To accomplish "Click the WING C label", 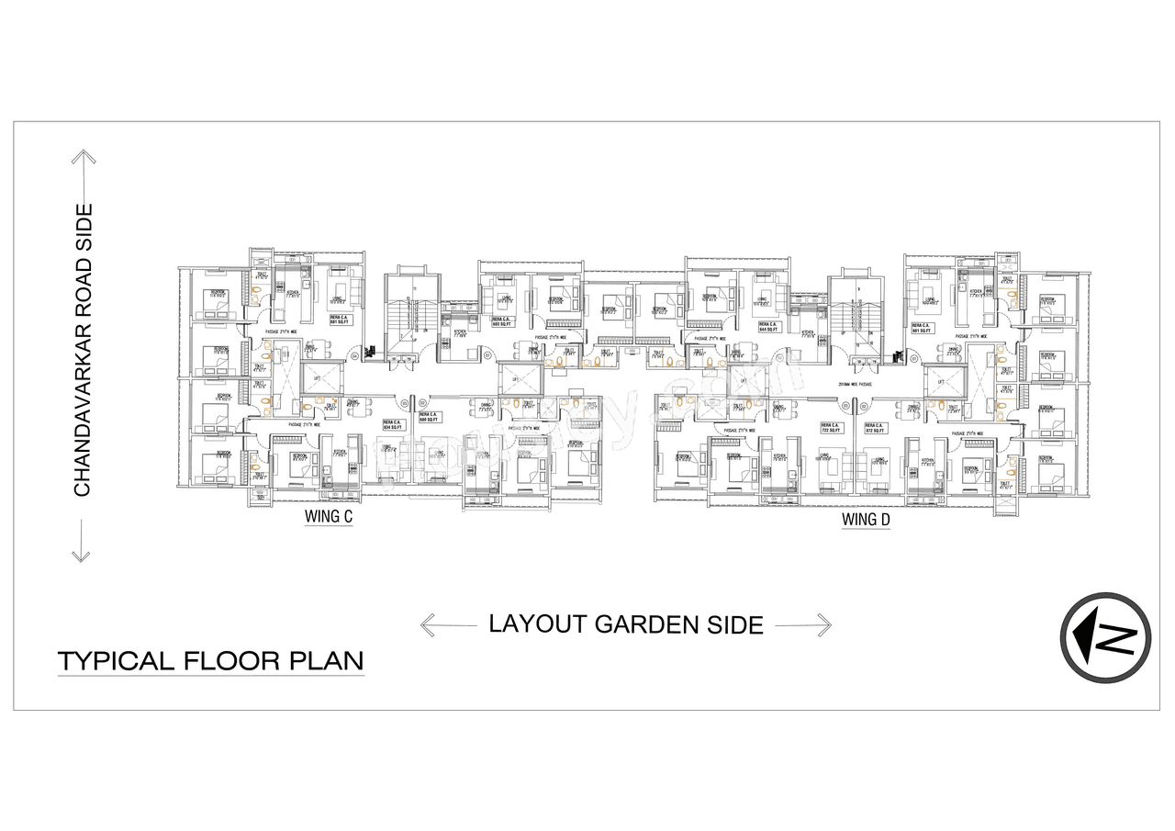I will click(x=329, y=518).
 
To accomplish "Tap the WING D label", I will click(x=867, y=520).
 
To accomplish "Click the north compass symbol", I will click(x=1105, y=637).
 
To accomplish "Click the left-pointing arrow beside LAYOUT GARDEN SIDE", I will click(x=448, y=625).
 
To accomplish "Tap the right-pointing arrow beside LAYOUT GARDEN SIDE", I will click(x=803, y=625).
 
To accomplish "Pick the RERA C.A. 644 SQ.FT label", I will click(x=770, y=327).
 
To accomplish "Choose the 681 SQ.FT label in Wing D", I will click(x=923, y=327).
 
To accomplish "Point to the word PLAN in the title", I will click(x=327, y=660).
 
